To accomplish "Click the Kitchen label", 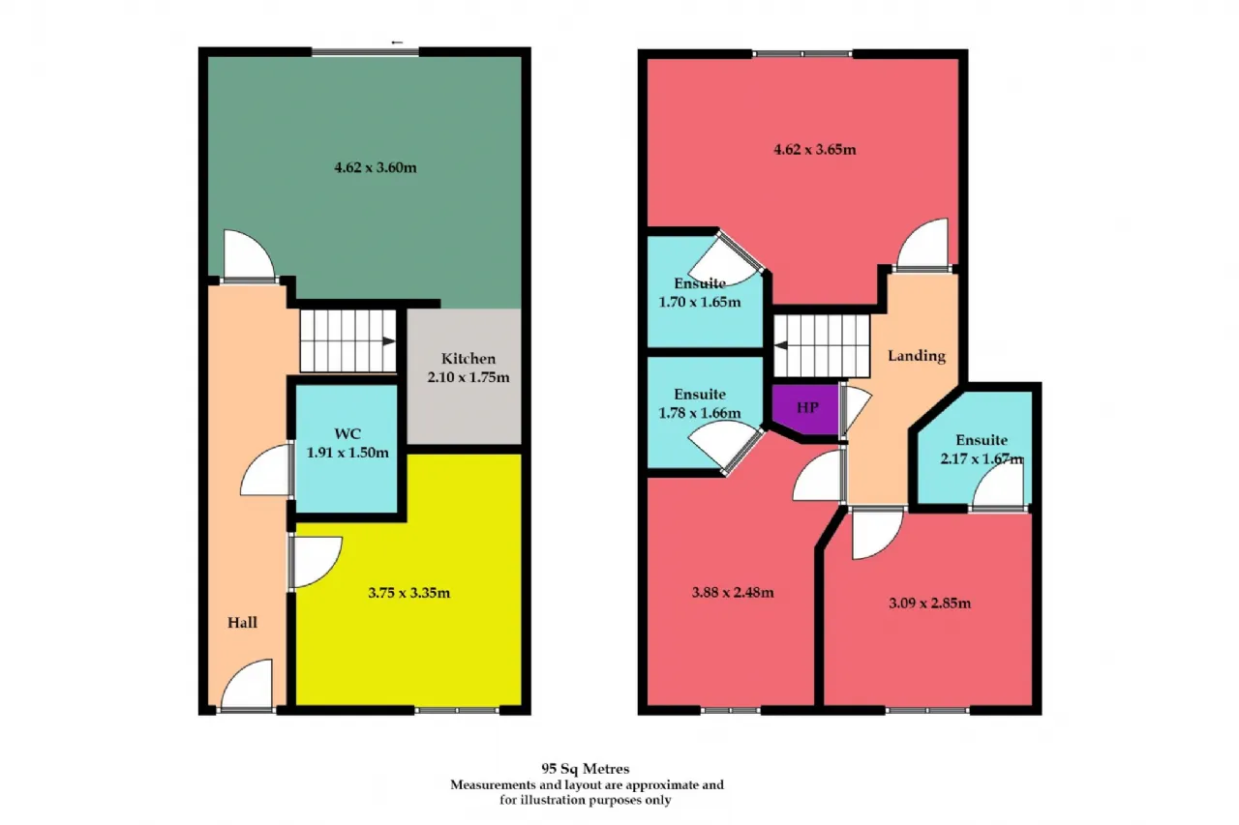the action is [468, 359].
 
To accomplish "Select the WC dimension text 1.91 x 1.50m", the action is [348, 453].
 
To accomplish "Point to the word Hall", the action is [242, 623].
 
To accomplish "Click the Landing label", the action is [917, 356].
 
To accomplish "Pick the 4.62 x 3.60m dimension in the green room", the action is [375, 167].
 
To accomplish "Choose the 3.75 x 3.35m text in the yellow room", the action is [408, 593].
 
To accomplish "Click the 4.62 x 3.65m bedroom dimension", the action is [815, 150].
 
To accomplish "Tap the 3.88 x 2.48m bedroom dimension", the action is [733, 592].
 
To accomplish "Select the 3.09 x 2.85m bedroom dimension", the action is [929, 603].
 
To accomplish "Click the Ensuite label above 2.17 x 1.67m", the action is [982, 440].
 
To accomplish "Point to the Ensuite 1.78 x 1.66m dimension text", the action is [699, 413].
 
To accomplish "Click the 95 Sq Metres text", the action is [586, 769].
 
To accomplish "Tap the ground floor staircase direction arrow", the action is [388, 341].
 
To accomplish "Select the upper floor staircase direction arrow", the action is [781, 345].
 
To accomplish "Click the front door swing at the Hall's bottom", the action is [248, 685].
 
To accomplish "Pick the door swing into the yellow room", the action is [317, 561].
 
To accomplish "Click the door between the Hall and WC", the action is [266, 470].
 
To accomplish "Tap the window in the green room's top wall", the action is [365, 52].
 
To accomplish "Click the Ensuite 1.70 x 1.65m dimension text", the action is [699, 303].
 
